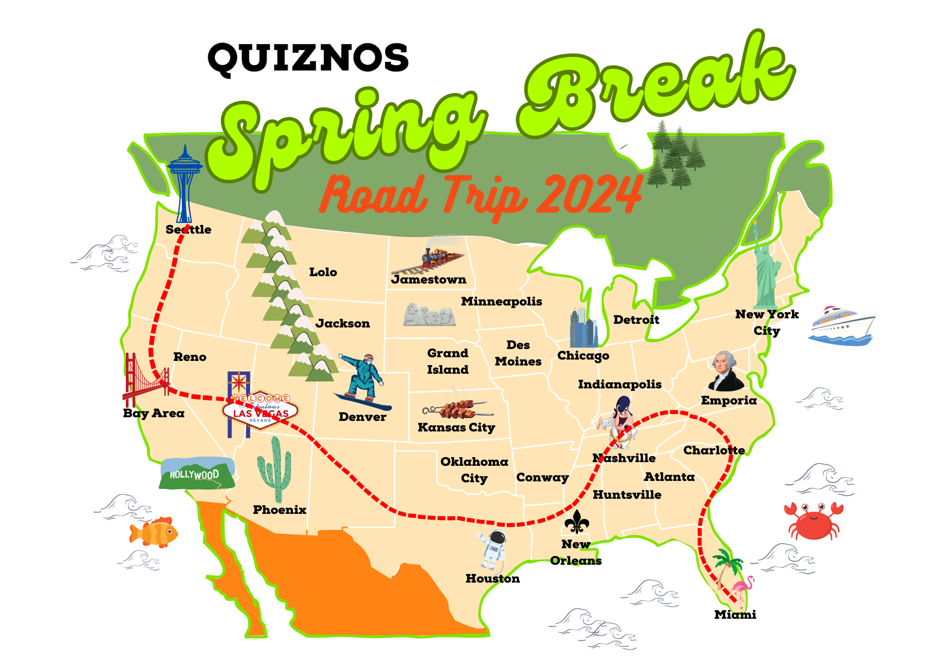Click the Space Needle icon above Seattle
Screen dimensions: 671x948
pos(184,183)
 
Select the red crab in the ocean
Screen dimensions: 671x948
pos(813,520)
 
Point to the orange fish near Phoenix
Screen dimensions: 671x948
pos(154,532)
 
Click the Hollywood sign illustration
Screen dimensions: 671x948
pos(197,474)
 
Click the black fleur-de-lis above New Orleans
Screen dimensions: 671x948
pos(576,522)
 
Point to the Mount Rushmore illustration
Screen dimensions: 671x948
pos(429,315)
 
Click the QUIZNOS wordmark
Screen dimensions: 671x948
pos(308,58)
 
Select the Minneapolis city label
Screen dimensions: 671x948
pos(501,301)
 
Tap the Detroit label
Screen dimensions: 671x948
pos(636,320)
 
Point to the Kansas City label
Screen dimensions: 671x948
pos(456,427)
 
